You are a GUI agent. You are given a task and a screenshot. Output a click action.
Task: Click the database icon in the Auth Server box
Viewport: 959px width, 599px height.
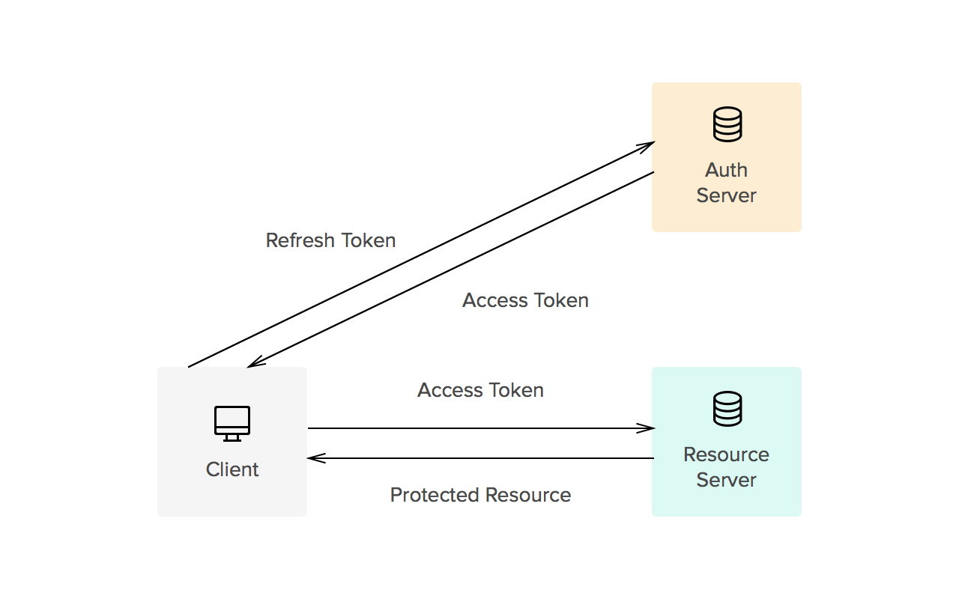pyautogui.click(x=727, y=124)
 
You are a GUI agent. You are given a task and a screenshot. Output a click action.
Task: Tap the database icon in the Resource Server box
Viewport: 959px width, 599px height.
pyautogui.click(x=727, y=409)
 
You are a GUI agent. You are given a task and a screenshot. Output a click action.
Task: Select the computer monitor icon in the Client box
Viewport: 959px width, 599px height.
pyautogui.click(x=232, y=423)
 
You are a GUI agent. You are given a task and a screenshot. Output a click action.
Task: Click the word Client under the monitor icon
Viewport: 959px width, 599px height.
pyautogui.click(x=232, y=469)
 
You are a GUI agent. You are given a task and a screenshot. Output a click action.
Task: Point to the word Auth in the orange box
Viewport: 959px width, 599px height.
pyautogui.click(x=726, y=170)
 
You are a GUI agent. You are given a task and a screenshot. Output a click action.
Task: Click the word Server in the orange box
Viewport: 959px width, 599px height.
pyautogui.click(x=726, y=195)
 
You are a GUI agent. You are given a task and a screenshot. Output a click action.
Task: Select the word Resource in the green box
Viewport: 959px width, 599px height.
pyautogui.click(x=726, y=454)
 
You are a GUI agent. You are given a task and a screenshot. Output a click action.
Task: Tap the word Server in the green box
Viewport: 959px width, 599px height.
pyautogui.click(x=726, y=480)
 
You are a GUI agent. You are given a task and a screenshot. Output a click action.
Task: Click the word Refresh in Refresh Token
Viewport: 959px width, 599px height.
pyautogui.click(x=300, y=240)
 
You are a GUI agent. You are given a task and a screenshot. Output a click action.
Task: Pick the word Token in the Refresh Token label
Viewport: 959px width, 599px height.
pyautogui.click(x=368, y=240)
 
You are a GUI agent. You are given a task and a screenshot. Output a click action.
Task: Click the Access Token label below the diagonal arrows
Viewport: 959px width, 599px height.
pyautogui.click(x=525, y=300)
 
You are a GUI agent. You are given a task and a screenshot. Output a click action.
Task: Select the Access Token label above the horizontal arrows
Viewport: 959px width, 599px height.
pyautogui.click(x=480, y=390)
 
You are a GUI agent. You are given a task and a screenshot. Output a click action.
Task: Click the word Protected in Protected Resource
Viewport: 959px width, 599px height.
pyautogui.click(x=435, y=495)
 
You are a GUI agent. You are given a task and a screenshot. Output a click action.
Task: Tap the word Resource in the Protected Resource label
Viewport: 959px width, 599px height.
pyautogui.click(x=527, y=495)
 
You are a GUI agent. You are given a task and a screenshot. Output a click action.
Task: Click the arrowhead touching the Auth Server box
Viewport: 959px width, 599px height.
pyautogui.click(x=647, y=145)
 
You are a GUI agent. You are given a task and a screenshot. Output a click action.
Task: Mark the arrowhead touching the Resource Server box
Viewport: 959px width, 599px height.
pyautogui.click(x=647, y=428)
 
